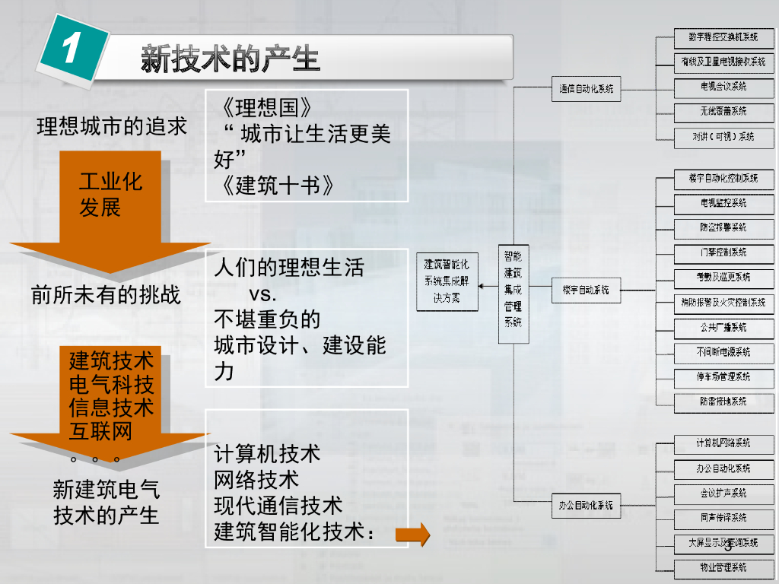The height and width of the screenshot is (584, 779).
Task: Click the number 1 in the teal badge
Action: coord(71,50)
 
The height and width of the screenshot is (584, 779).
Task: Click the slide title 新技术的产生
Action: coord(230,59)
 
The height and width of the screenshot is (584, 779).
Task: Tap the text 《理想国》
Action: coord(262,106)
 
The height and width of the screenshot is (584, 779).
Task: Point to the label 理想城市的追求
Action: coord(112,126)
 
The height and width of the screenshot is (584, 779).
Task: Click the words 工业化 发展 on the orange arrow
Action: coord(110,194)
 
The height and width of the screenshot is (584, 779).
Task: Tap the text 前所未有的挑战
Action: coord(107,295)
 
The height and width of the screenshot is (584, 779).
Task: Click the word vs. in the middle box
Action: coord(263,294)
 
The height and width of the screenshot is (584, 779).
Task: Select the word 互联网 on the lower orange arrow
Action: coord(100,430)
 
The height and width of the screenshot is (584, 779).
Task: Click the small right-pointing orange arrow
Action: coord(413,535)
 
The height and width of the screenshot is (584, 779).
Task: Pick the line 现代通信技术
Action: coord(278,505)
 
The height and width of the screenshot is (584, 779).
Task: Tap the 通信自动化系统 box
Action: coord(585,88)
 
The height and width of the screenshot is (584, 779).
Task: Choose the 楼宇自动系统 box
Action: coord(585,290)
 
